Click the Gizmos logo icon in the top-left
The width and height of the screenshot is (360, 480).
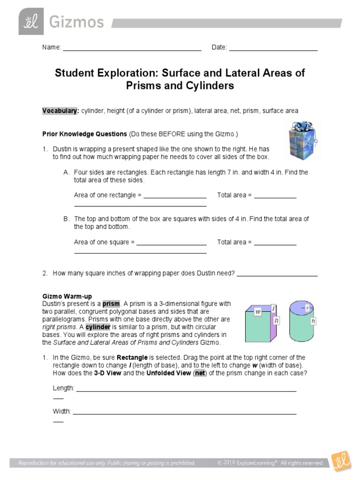(31, 21)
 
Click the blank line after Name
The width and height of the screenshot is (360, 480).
(132, 49)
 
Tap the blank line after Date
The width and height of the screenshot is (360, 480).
(273, 49)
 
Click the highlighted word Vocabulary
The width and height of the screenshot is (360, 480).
(60, 111)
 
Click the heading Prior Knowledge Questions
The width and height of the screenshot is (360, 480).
(84, 134)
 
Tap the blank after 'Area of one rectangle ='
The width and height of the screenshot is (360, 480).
(175, 197)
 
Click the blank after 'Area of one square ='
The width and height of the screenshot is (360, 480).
(171, 245)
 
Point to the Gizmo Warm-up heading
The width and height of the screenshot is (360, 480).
(67, 297)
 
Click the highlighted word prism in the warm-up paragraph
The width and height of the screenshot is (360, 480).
(111, 304)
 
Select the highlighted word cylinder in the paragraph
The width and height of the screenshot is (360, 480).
(97, 327)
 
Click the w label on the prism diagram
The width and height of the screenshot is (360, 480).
(258, 312)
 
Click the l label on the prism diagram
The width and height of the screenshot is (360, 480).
(273, 308)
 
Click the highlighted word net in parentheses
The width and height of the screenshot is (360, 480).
(200, 373)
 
